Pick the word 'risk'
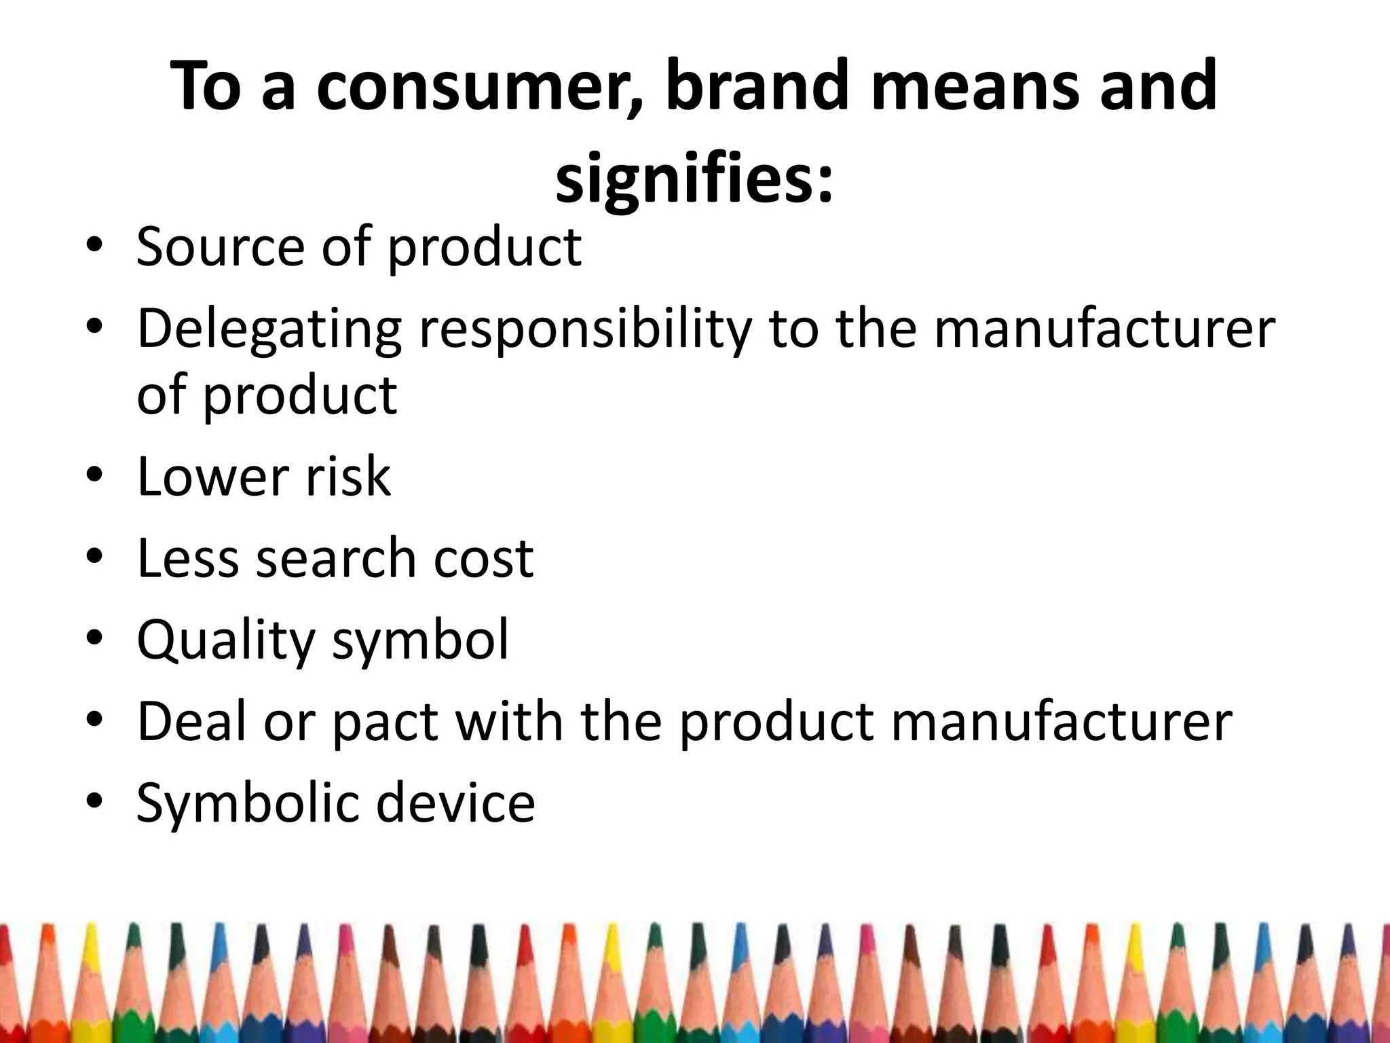pos(348,477)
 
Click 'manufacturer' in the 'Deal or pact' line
pos(1061,722)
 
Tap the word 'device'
pos(455,803)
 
